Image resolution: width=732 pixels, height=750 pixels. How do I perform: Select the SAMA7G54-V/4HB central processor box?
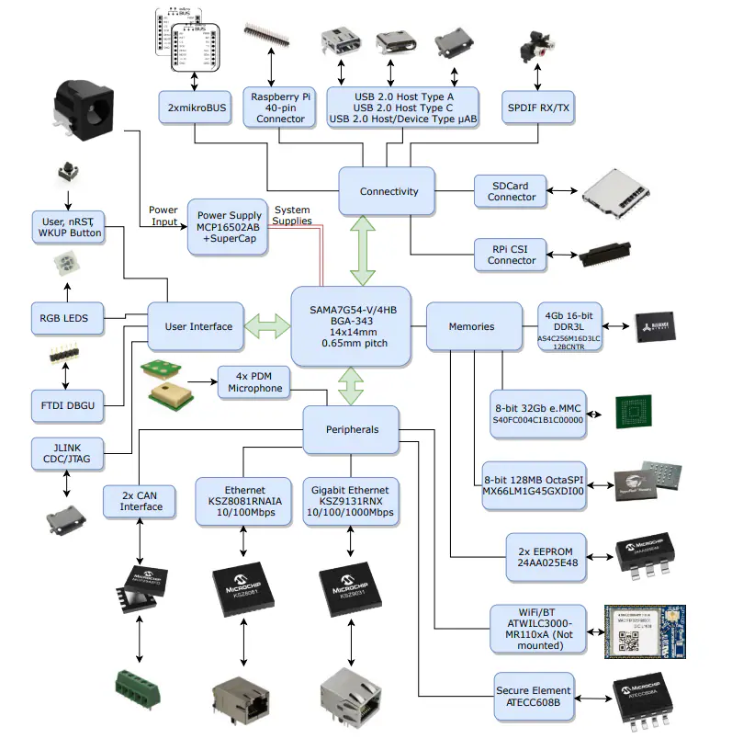tap(350, 325)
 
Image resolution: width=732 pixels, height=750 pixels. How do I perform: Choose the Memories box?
tap(471, 326)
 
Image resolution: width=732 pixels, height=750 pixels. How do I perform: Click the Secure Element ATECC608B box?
tap(534, 696)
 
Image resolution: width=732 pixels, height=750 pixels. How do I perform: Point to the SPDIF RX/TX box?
tap(538, 108)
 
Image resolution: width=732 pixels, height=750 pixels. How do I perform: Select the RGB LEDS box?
tap(65, 318)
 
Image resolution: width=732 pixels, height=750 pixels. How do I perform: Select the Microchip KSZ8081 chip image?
tap(242, 588)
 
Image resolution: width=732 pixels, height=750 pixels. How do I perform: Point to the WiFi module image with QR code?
tap(646, 631)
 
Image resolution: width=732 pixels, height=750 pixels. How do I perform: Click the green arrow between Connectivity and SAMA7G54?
tap(363, 249)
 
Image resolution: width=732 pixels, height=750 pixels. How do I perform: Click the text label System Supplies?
tap(293, 215)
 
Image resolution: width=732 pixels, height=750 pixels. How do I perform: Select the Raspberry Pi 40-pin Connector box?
tap(280, 108)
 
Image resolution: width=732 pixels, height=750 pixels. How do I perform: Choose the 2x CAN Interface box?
tap(141, 501)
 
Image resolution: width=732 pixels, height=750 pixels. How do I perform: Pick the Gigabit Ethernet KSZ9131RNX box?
tap(350, 501)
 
